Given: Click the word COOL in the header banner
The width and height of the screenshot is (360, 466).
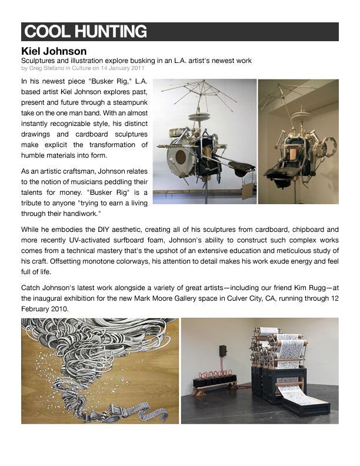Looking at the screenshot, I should pyautogui.click(x=45, y=32).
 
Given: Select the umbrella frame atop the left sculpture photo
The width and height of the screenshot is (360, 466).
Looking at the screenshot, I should pyautogui.click(x=194, y=94).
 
